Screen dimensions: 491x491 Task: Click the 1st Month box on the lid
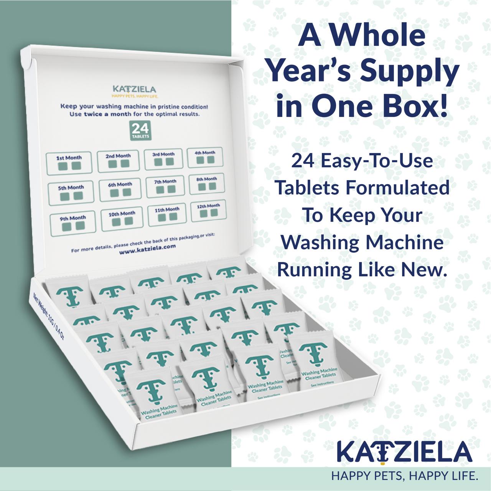point(69,163)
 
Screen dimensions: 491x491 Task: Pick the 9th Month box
point(72,223)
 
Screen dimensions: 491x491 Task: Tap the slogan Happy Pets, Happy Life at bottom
point(405,476)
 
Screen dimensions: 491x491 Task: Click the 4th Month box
point(205,157)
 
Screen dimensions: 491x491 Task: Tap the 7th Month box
point(165,186)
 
